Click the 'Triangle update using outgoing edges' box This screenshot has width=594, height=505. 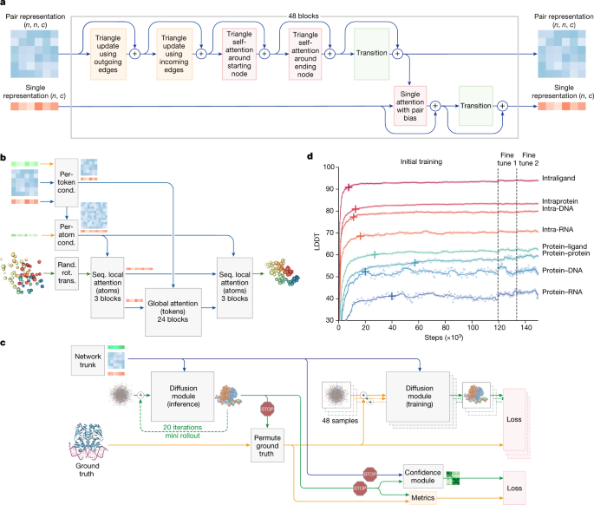(x=110, y=52)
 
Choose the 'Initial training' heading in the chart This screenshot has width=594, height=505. (x=420, y=161)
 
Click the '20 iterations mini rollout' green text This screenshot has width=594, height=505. (x=188, y=431)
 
